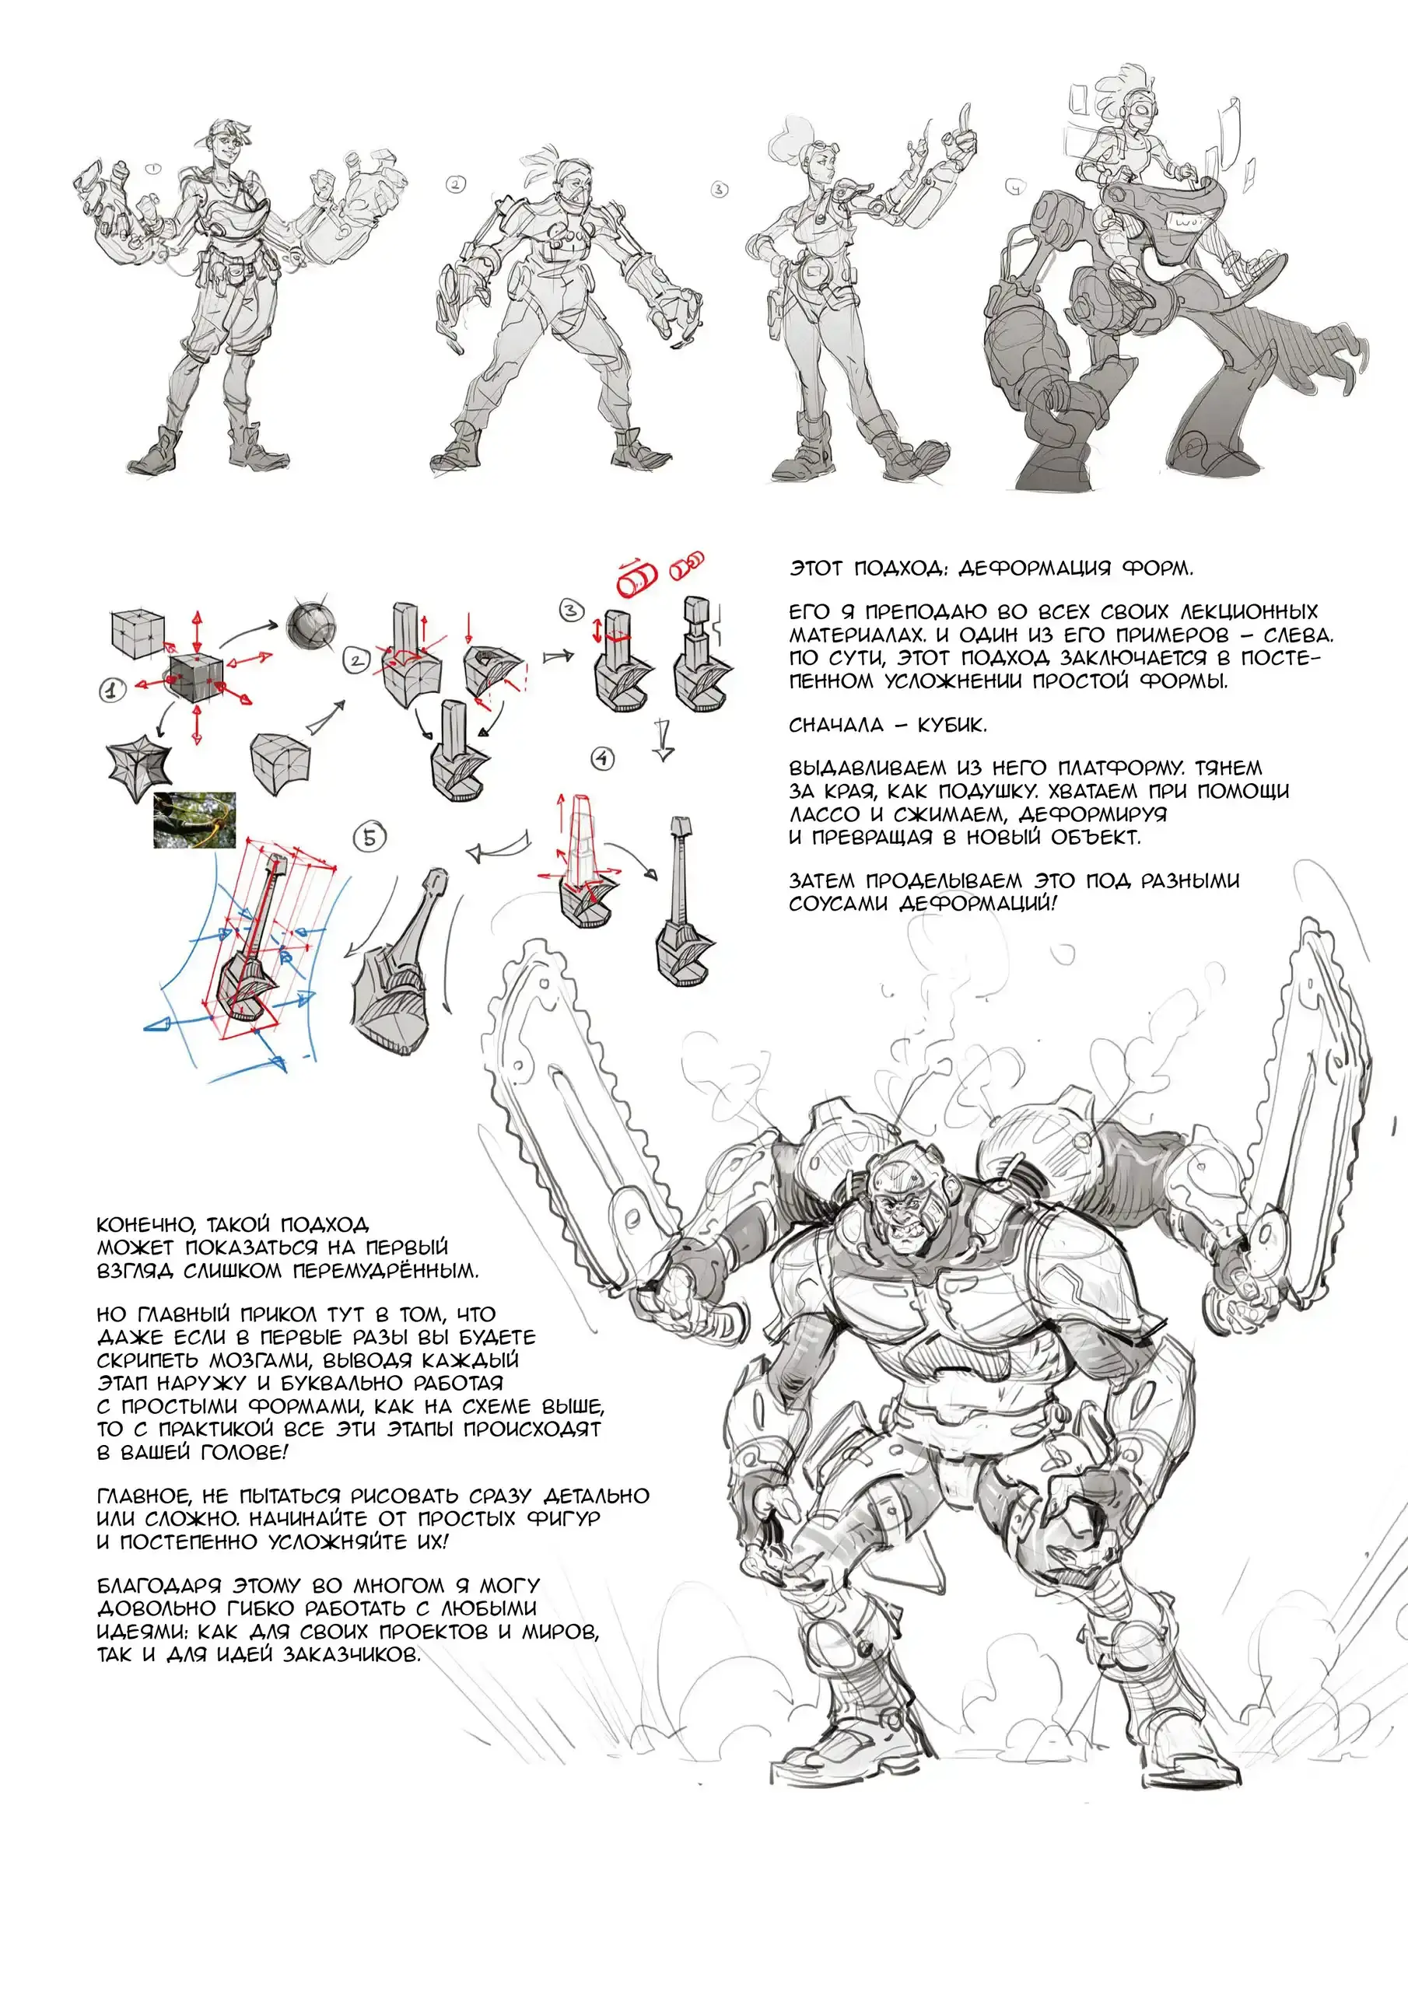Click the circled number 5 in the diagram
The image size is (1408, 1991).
(370, 838)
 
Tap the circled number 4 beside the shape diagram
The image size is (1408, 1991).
(603, 759)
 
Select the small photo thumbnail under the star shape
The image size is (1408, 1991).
(194, 820)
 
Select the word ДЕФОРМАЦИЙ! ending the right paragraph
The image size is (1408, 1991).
(978, 904)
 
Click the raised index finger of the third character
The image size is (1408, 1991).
(964, 114)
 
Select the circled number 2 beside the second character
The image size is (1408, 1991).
(455, 184)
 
